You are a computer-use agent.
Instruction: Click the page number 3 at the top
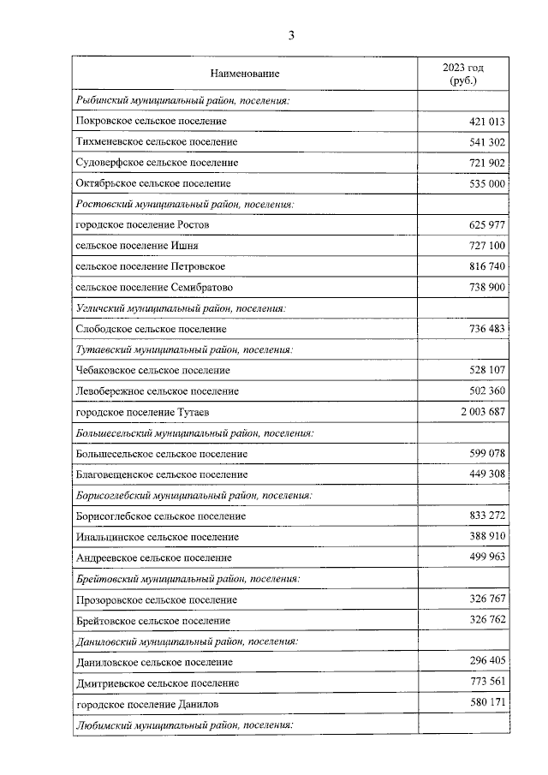tap(291, 35)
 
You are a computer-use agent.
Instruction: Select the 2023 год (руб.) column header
tap(463, 74)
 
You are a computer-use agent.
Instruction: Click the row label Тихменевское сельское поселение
tap(157, 141)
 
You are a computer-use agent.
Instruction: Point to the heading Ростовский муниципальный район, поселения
tap(185, 205)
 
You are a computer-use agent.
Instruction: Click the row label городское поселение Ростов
tap(143, 224)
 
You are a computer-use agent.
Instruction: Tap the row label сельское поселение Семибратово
tap(154, 287)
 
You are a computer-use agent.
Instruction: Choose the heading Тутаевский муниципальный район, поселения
tap(184, 349)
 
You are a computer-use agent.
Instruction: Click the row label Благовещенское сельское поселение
tap(162, 474)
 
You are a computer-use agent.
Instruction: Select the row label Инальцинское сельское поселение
tap(157, 537)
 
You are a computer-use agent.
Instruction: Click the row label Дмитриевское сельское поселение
tap(157, 683)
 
